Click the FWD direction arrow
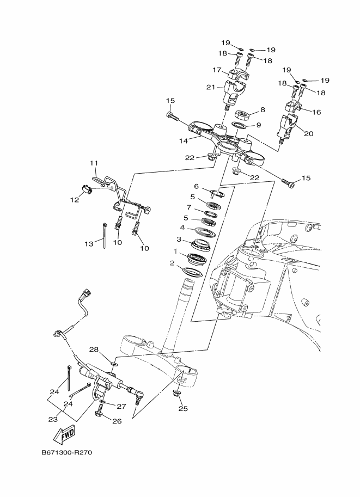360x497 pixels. pyautogui.click(x=65, y=434)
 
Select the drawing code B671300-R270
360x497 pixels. pyautogui.click(x=65, y=452)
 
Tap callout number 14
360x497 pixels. pyautogui.click(x=184, y=140)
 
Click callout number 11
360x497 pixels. pyautogui.click(x=94, y=163)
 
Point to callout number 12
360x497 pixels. pyautogui.click(x=74, y=199)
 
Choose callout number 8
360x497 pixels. pyautogui.click(x=262, y=109)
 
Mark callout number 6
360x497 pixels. pyautogui.click(x=196, y=186)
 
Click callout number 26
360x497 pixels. pyautogui.click(x=117, y=421)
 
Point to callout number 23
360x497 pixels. pyautogui.click(x=52, y=419)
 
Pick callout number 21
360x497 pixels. pyautogui.click(x=211, y=87)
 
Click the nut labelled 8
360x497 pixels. pyautogui.click(x=242, y=115)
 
